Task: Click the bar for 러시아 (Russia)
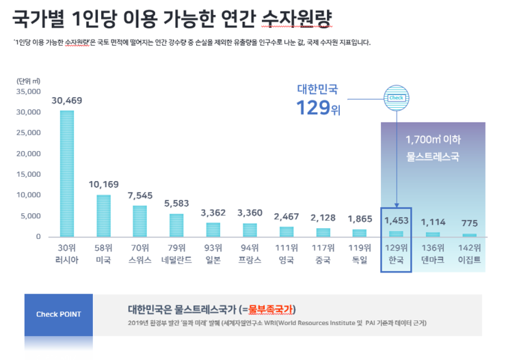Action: [x=66, y=174]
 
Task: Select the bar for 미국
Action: [x=103, y=216]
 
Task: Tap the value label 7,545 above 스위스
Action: [x=140, y=195]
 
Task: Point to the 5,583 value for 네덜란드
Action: [x=176, y=204]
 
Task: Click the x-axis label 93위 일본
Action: [x=213, y=253]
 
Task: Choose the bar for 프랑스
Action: [x=250, y=230]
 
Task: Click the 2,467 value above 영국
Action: [x=287, y=217]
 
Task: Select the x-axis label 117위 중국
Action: [x=323, y=253]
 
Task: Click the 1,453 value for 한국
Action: [x=396, y=221]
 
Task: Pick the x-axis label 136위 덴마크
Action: [x=433, y=253]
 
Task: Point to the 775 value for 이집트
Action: [x=469, y=223]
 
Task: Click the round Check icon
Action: [x=396, y=98]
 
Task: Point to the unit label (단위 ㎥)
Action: [x=27, y=80]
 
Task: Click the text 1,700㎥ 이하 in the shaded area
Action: [x=433, y=139]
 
